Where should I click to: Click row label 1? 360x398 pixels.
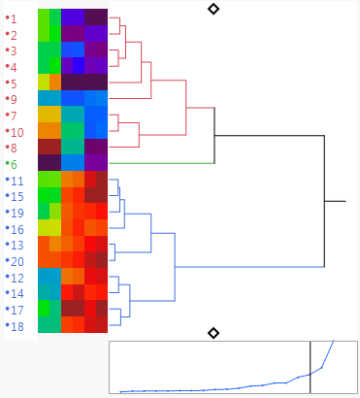(x=14, y=18)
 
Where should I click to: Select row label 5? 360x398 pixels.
(x=14, y=83)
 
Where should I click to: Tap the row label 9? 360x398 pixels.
(x=14, y=99)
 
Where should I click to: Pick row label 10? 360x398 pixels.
(x=17, y=131)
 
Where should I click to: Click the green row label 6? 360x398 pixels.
(x=14, y=164)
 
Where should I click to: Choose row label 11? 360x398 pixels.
(x=17, y=181)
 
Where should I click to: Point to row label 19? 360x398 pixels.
(x=17, y=213)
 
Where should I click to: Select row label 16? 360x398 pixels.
(x=17, y=229)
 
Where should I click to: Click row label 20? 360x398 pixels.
(x=17, y=261)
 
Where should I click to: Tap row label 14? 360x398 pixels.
(x=17, y=293)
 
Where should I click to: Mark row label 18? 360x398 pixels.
(x=17, y=326)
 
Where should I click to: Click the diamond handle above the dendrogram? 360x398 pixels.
(x=213, y=9)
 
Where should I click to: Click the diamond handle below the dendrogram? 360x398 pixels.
(x=213, y=333)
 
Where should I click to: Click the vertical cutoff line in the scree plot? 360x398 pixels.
(x=311, y=367)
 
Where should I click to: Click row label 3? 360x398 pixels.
(x=14, y=50)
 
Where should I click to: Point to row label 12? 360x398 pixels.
(x=17, y=278)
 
